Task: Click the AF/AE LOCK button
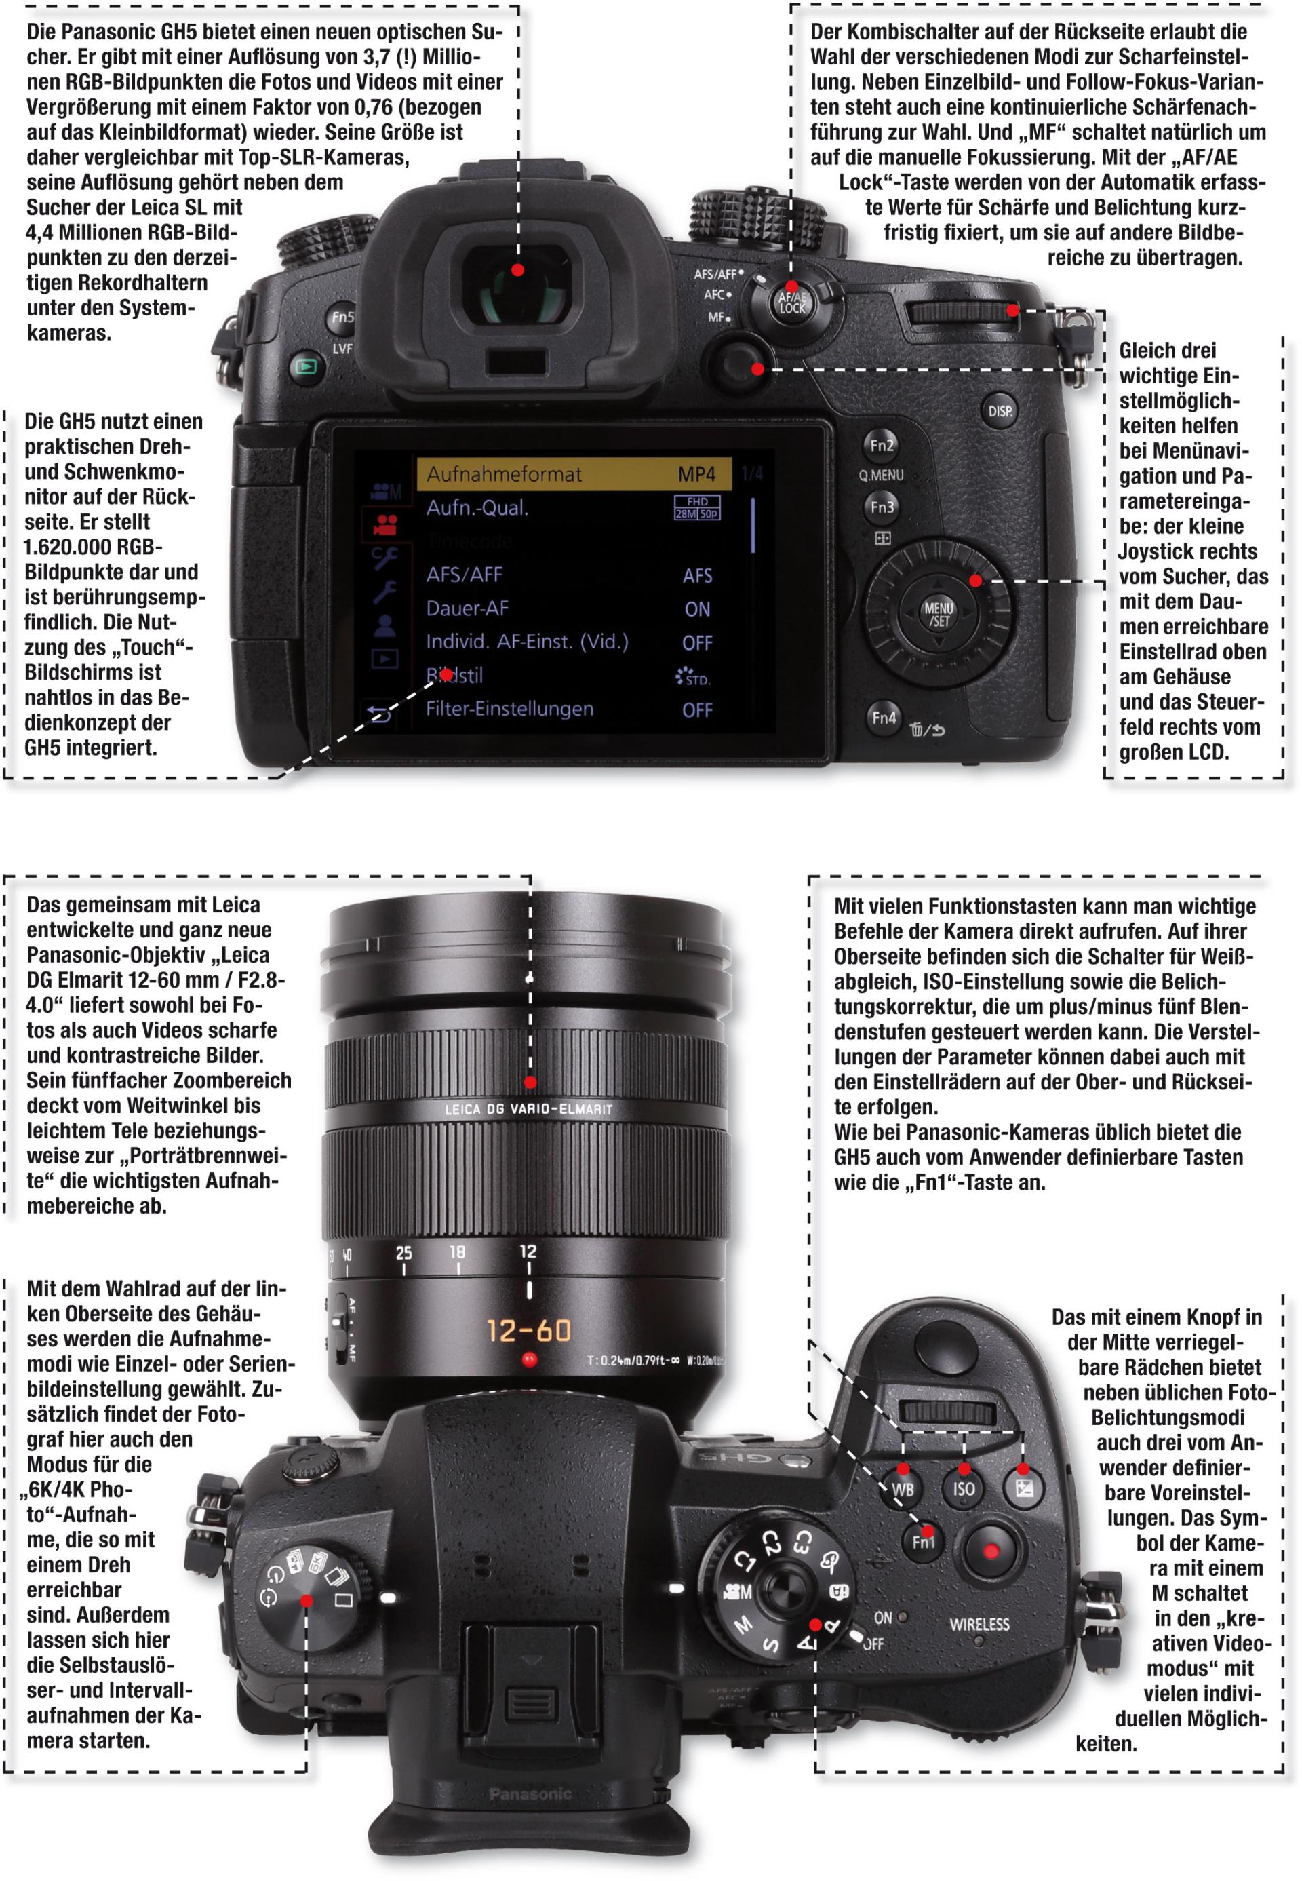tap(792, 303)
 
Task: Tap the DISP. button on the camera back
tap(1000, 411)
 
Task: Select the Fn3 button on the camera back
tap(882, 507)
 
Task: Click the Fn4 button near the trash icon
tap(884, 717)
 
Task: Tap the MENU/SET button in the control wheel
tap(938, 614)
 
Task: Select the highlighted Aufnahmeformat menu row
tap(573, 474)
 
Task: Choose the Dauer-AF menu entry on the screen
tap(467, 608)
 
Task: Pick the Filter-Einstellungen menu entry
tap(510, 708)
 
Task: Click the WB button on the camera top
tap(903, 1488)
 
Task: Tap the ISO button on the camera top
tap(964, 1488)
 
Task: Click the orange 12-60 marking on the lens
tap(530, 1331)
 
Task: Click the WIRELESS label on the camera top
tap(979, 1624)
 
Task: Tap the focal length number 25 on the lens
tap(403, 1253)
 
